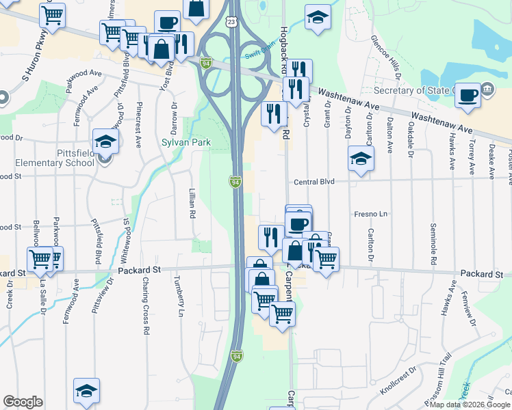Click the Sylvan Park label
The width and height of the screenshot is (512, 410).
pos(185,143)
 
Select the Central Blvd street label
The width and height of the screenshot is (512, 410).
pos(314,182)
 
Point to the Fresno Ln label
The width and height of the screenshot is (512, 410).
pos(370,214)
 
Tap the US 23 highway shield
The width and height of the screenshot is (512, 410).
pos(233,22)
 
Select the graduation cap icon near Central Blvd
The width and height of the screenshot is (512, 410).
pos(361,159)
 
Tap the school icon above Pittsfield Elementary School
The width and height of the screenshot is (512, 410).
pos(106,141)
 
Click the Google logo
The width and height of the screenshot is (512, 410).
pos(23,402)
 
